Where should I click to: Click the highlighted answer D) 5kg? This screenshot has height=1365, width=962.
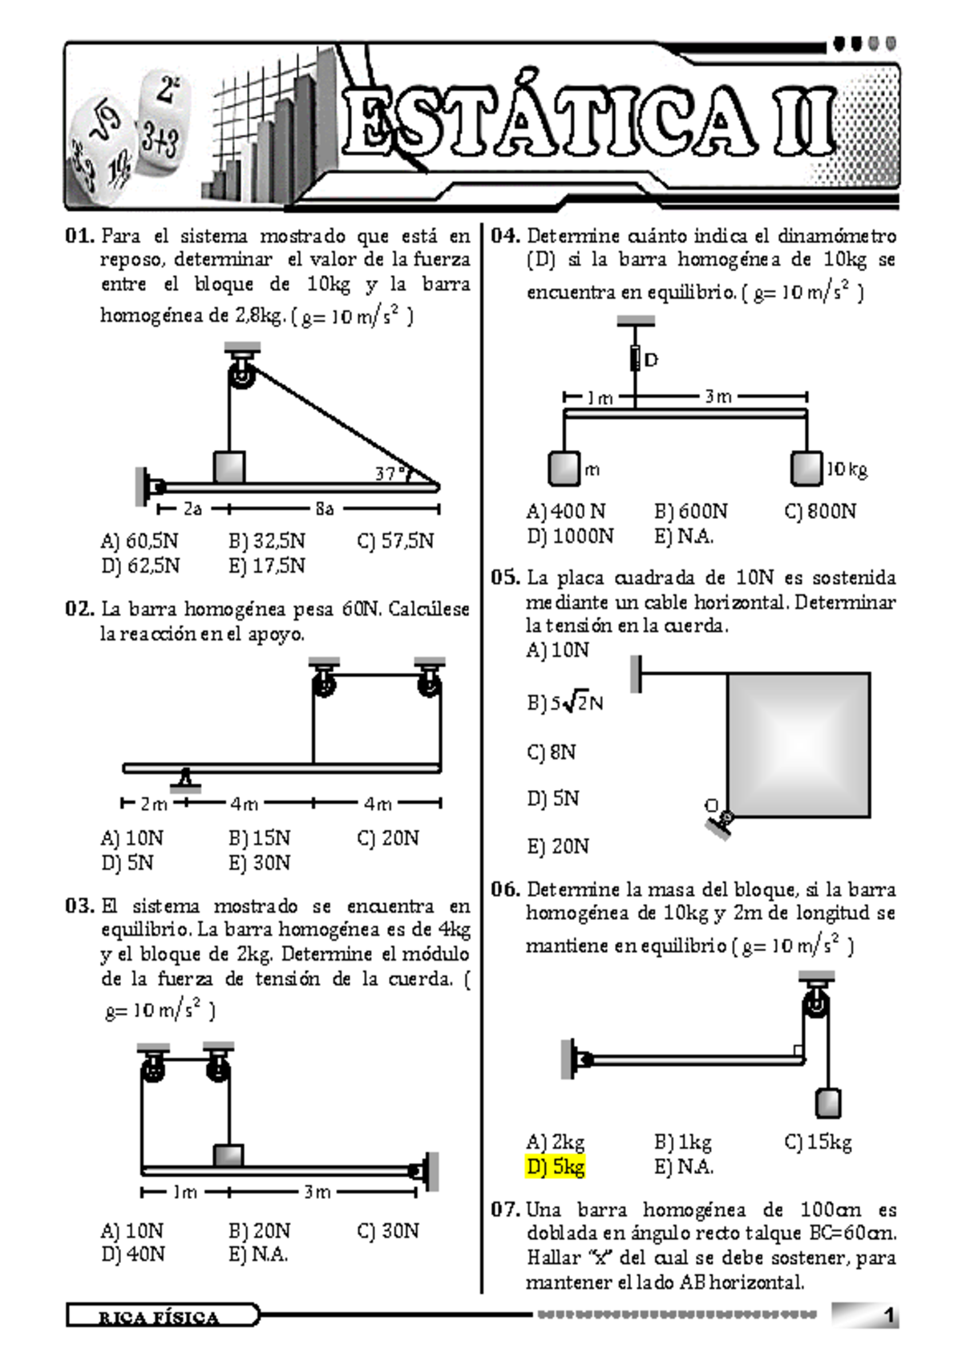click(x=556, y=1167)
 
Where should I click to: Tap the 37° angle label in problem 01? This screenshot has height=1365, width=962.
click(x=390, y=474)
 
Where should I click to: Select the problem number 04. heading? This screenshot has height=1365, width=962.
click(x=506, y=236)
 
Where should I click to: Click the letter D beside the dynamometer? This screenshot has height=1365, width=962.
click(x=651, y=360)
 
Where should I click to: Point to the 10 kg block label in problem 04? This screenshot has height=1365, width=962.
click(x=847, y=469)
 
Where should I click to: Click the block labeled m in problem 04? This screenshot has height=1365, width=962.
click(x=564, y=469)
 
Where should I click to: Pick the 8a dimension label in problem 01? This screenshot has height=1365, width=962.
click(x=325, y=509)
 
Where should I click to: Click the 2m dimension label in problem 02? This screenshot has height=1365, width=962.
click(x=154, y=804)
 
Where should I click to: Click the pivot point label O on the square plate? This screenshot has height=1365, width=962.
click(x=711, y=805)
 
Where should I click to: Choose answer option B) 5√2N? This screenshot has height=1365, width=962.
click(x=564, y=703)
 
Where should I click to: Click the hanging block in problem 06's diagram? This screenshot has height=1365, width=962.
click(x=827, y=1104)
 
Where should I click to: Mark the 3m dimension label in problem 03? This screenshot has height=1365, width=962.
click(x=317, y=1193)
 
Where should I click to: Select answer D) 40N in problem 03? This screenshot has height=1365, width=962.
click(x=133, y=1254)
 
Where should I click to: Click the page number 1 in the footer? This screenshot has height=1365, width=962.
click(x=887, y=1316)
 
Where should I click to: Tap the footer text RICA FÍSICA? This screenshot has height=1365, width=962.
click(x=159, y=1318)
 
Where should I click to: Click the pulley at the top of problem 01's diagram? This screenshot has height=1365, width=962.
click(x=241, y=375)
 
